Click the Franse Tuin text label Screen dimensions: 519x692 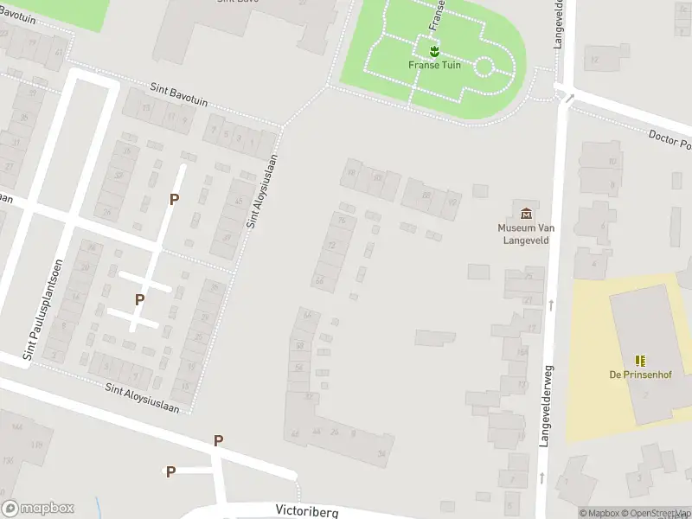point(434,65)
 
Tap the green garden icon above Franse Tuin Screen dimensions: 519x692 point(434,51)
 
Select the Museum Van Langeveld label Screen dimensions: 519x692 point(526,234)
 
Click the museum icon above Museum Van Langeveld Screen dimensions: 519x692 point(526,213)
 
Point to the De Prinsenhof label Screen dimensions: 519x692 point(640,375)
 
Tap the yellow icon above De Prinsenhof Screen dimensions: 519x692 point(640,360)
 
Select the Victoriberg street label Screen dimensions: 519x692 point(307,510)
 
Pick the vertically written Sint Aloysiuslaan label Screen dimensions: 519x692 point(264,191)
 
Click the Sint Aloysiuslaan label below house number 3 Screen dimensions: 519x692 point(142,397)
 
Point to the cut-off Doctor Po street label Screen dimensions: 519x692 point(670,139)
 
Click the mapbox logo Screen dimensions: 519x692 point(38,509)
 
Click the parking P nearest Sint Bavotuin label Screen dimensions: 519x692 point(174,199)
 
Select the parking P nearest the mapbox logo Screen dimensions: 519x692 point(170,471)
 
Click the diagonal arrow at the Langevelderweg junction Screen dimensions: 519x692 point(569,98)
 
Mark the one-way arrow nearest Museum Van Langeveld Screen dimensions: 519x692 point(552,304)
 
